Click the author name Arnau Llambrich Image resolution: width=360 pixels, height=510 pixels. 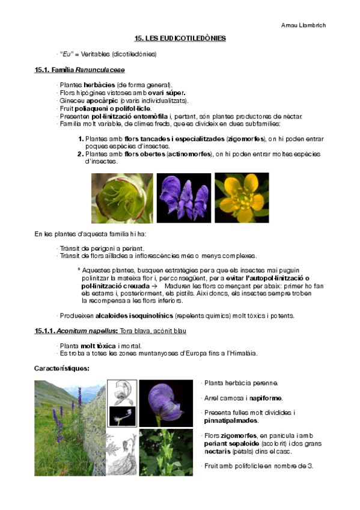coord(304,25)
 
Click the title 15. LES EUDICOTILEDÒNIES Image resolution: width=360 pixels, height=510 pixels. coord(180,38)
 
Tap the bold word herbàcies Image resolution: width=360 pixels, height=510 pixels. coord(99,85)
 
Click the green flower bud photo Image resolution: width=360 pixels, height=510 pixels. coord(122,198)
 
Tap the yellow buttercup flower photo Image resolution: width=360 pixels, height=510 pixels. coord(242,198)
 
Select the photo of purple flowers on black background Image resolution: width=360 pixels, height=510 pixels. coord(184,198)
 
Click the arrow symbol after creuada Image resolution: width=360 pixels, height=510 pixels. coord(154,286)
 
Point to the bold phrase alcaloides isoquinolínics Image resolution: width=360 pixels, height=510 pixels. coord(135,316)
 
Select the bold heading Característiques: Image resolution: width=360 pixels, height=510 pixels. coord(62,368)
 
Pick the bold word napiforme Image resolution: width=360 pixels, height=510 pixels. coord(266,398)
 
